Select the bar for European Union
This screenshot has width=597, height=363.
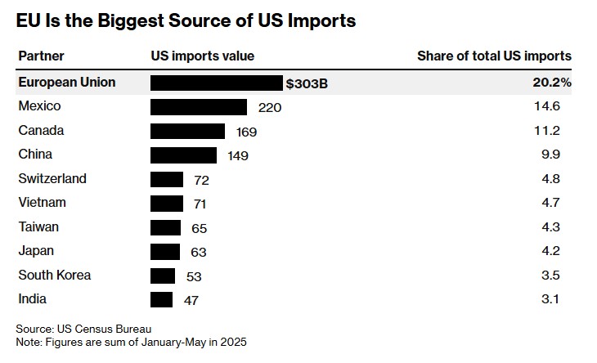click(217, 83)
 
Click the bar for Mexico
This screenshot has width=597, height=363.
click(199, 107)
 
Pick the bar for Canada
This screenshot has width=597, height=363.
click(187, 131)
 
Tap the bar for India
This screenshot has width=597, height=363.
click(162, 300)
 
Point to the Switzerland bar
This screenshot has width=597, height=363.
click(167, 179)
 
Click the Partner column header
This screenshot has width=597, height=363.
click(41, 56)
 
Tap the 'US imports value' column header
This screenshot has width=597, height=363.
click(203, 56)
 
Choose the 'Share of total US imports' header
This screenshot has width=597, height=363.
click(494, 56)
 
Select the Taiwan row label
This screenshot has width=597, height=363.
click(38, 227)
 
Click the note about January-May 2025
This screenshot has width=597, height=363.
click(132, 341)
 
